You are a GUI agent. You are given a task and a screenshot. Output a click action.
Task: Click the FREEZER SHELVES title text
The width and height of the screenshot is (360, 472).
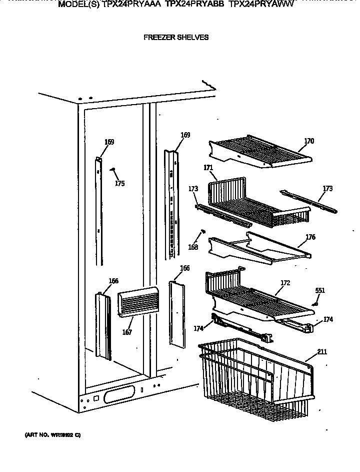point(175,37)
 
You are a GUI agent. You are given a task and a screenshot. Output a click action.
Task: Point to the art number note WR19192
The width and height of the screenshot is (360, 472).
point(52,434)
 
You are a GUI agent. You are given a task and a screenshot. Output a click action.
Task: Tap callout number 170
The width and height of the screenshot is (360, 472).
point(309,141)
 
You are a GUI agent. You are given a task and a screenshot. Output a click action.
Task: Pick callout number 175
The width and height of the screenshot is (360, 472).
point(119,184)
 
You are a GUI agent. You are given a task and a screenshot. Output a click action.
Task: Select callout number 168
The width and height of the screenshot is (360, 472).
point(193,247)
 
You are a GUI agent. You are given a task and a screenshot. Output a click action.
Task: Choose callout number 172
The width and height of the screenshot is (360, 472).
point(285,283)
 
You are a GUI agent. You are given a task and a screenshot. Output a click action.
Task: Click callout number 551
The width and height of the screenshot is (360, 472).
point(319,290)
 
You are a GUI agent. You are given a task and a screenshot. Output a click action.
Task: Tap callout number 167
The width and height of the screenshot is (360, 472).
point(127,332)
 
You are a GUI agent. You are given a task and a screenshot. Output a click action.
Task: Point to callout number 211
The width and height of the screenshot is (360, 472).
point(322,352)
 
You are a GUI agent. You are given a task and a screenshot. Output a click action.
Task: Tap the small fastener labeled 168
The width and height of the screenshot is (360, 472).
point(203,231)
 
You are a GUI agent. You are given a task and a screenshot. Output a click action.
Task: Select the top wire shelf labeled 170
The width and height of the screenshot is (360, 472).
point(260,153)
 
